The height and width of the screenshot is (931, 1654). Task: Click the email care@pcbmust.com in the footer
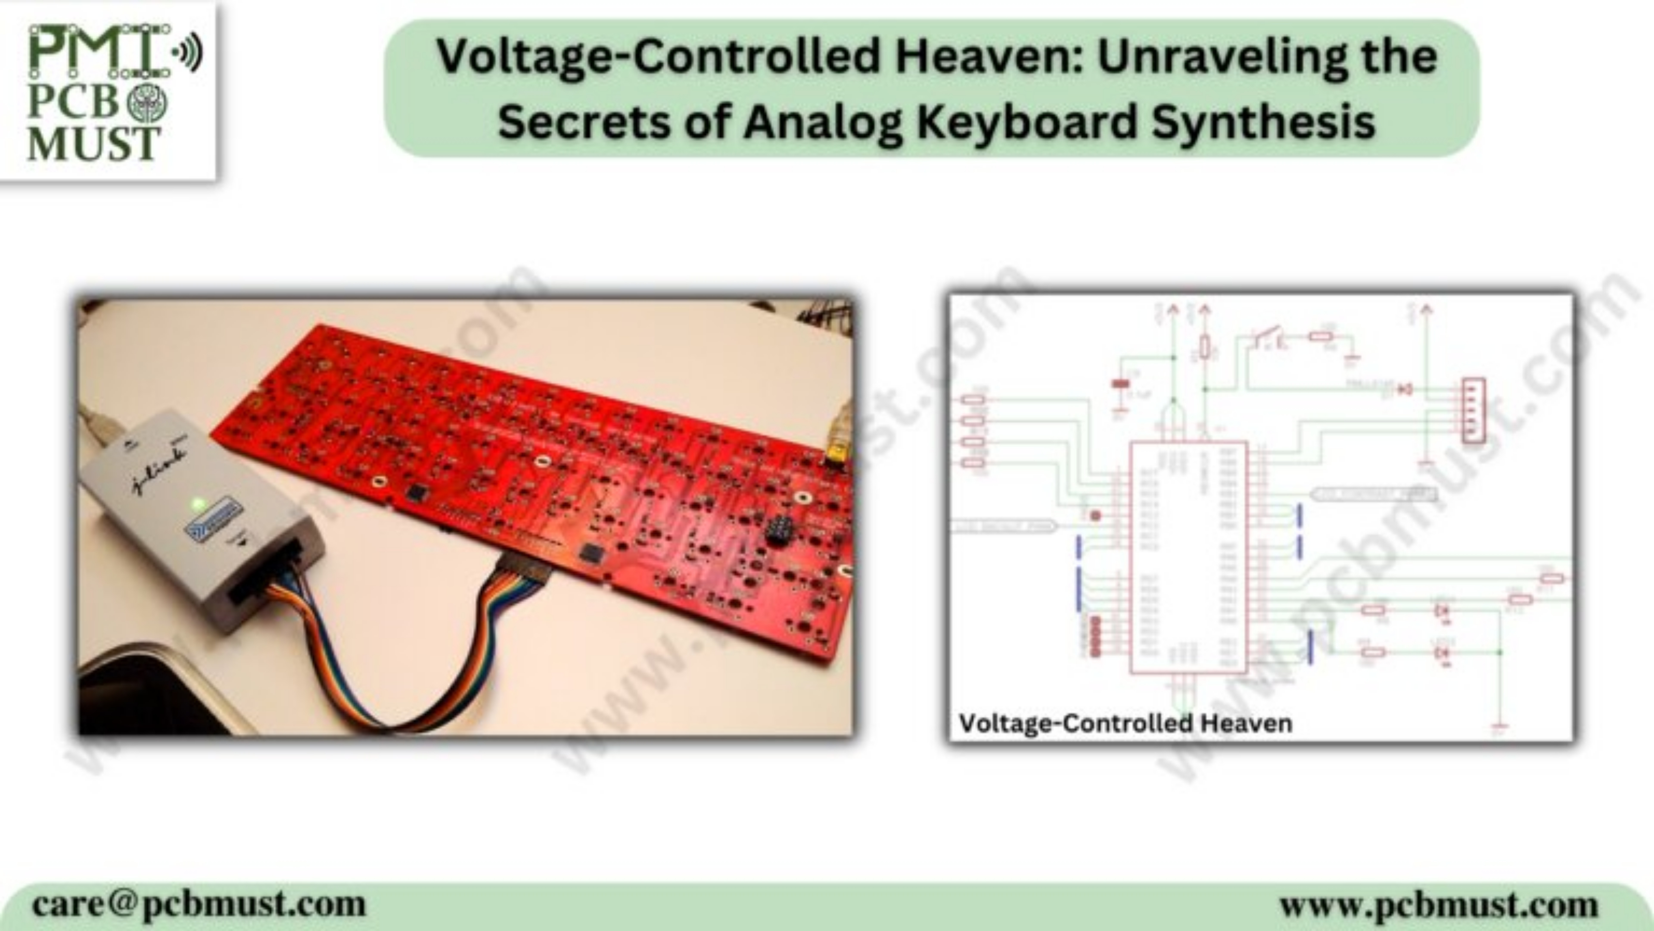click(199, 905)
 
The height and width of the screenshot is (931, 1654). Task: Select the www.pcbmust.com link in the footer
click(1438, 905)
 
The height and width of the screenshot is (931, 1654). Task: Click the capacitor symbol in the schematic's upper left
click(1120, 384)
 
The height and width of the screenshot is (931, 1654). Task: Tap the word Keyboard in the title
click(1027, 122)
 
